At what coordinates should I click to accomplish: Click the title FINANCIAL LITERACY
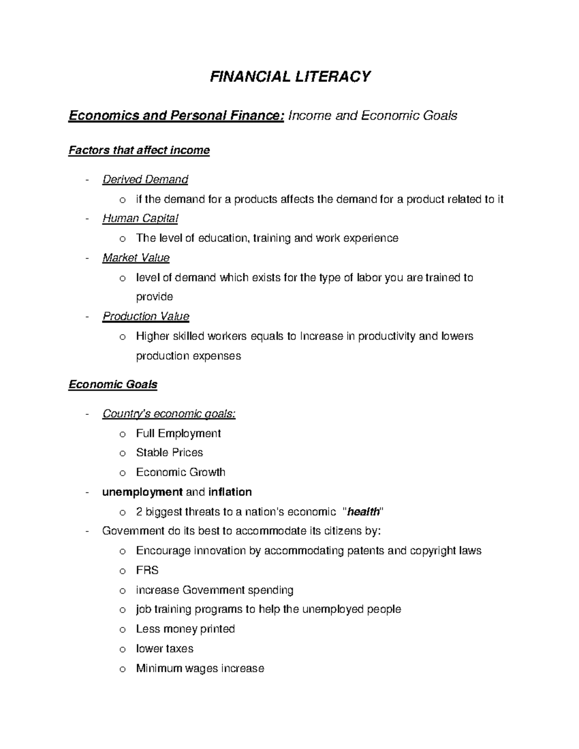290,77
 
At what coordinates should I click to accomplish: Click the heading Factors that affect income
139,150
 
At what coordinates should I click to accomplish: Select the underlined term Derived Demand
145,180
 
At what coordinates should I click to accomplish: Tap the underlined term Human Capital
140,218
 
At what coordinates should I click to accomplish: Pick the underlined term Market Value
136,258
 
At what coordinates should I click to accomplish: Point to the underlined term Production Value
146,316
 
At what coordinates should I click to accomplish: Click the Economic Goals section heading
113,384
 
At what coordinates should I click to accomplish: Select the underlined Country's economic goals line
169,414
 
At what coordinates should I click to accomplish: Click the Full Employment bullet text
178,434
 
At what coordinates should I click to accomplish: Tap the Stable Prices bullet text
169,453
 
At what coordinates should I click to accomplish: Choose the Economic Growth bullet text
180,472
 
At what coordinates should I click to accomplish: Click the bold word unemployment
142,492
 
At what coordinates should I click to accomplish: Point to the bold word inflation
230,492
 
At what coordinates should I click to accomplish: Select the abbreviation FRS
147,571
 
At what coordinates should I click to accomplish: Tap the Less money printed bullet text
185,629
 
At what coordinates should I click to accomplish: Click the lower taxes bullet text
165,649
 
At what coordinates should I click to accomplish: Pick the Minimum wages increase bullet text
200,668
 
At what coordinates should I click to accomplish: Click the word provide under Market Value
154,297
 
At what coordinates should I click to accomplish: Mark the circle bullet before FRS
123,571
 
